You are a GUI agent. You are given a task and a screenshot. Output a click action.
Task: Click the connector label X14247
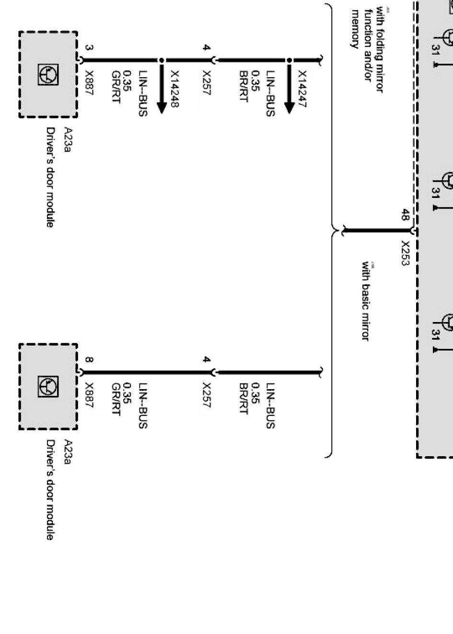[x=302, y=89]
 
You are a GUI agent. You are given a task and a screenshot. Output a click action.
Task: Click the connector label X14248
[x=175, y=89]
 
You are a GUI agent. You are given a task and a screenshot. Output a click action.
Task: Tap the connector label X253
[x=406, y=253]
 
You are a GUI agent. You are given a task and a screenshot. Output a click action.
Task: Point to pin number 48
[x=406, y=215]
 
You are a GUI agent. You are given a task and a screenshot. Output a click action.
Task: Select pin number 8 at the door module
[x=89, y=359]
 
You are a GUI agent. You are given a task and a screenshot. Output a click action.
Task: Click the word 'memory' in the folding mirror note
[x=355, y=29]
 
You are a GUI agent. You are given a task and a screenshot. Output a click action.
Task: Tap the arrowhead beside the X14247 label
[x=289, y=107]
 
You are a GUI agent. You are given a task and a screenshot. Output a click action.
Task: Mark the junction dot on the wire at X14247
[x=289, y=60]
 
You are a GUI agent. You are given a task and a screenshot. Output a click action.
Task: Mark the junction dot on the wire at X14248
[x=162, y=60]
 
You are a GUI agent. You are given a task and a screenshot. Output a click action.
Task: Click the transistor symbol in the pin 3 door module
[x=48, y=75]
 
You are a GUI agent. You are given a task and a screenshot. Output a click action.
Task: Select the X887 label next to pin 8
[x=89, y=395]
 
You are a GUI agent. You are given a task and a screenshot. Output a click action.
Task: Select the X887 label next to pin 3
[x=89, y=83]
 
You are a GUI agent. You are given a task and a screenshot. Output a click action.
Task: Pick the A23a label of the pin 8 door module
[x=68, y=452]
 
